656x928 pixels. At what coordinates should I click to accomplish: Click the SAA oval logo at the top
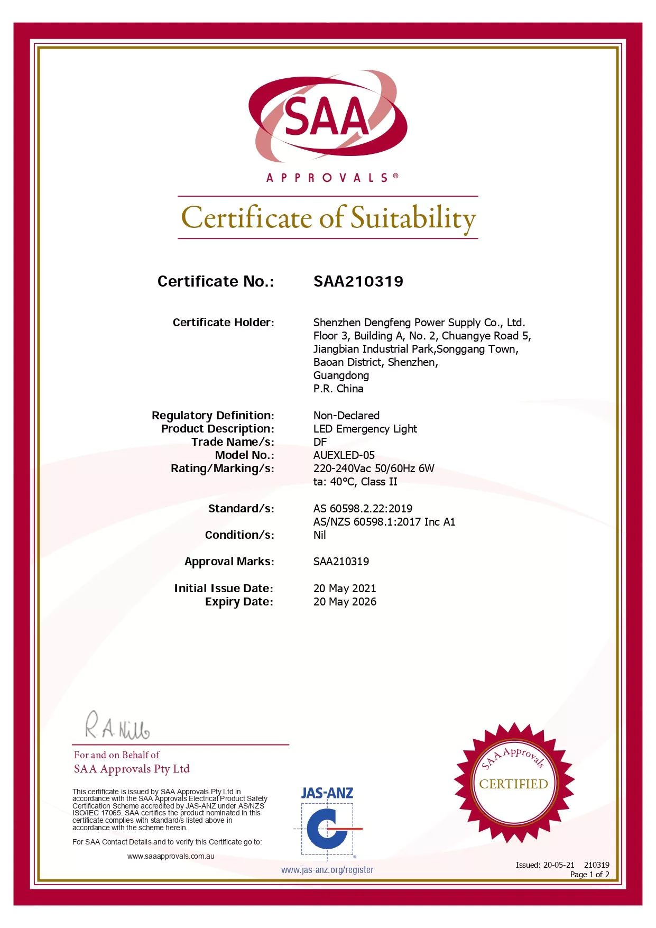[328, 116]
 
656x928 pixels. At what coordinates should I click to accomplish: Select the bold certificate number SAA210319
[358, 281]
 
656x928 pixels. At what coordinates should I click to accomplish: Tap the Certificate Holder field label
[223, 323]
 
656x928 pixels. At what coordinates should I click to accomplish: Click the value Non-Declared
[346, 416]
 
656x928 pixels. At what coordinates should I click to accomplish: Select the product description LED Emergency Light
[365, 429]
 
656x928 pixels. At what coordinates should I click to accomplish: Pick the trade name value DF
[320, 442]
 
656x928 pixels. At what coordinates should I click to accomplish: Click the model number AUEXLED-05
[344, 455]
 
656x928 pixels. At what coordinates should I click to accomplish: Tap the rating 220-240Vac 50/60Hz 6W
[373, 468]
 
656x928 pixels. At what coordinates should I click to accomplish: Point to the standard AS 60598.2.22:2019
[363, 509]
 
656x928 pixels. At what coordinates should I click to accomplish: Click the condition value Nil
[319, 535]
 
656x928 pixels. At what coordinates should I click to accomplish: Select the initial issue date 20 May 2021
[345, 589]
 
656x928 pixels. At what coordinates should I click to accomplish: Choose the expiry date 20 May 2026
[345, 602]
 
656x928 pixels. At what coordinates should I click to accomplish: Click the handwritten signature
[117, 727]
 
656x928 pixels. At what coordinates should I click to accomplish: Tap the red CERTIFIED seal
[513, 783]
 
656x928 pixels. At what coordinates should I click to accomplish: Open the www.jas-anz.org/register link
[327, 870]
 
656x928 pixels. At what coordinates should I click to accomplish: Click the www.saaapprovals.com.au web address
[171, 856]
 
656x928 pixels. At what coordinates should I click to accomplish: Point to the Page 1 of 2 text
[589, 875]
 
